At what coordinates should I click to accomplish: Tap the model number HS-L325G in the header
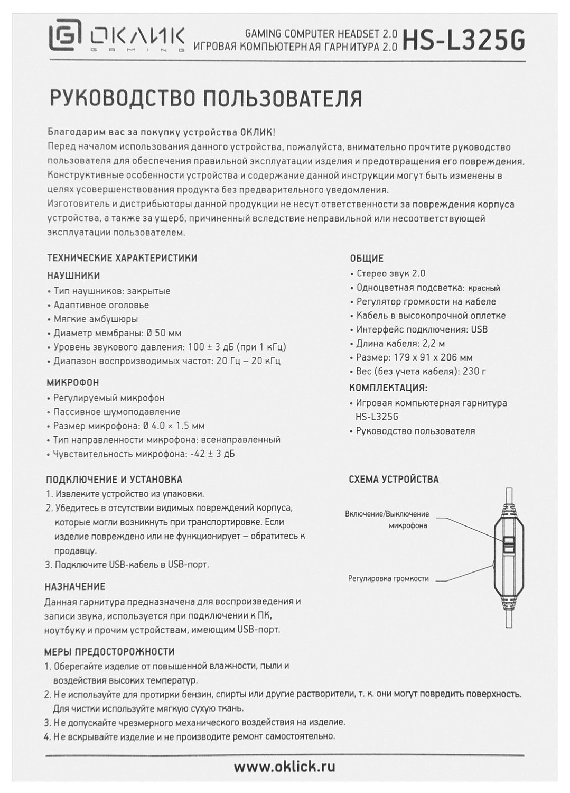coord(464,40)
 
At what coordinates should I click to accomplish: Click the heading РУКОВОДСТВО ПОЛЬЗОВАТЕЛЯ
coord(206,99)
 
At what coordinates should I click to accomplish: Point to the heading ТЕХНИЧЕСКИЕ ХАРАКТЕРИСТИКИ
coord(122,258)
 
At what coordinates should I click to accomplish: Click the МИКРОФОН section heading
coord(73,382)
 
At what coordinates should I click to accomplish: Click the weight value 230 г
coord(474,371)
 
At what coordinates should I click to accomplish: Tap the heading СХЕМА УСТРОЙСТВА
coord(394,480)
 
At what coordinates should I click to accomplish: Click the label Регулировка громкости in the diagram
coord(388,578)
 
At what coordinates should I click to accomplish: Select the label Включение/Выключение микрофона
coord(387,520)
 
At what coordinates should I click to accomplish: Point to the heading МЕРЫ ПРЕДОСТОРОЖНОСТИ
coord(109,652)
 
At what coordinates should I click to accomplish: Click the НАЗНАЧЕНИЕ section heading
coord(75,587)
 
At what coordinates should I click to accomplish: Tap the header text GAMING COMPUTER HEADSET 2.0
coord(321,34)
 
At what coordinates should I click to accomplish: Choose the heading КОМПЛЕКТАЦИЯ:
coord(388,388)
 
